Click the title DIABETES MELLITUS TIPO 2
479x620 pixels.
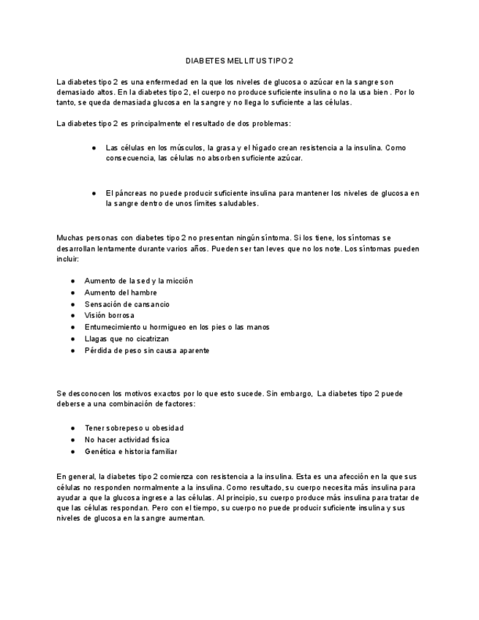(239, 61)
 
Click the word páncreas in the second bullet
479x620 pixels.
(129, 193)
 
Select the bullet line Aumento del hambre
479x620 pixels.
(121, 292)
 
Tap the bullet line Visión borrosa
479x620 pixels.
(110, 316)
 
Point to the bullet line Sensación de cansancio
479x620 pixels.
(127, 304)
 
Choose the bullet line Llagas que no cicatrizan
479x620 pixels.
(127, 339)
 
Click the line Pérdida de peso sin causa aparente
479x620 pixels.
(147, 351)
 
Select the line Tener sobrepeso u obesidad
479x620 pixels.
(134, 428)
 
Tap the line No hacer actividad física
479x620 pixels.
(127, 440)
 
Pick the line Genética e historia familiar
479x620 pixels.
(131, 452)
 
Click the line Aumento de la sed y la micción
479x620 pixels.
(139, 281)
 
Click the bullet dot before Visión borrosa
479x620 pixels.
(73, 316)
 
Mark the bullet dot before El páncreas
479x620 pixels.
(94, 193)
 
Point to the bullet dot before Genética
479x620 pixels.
(73, 452)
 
